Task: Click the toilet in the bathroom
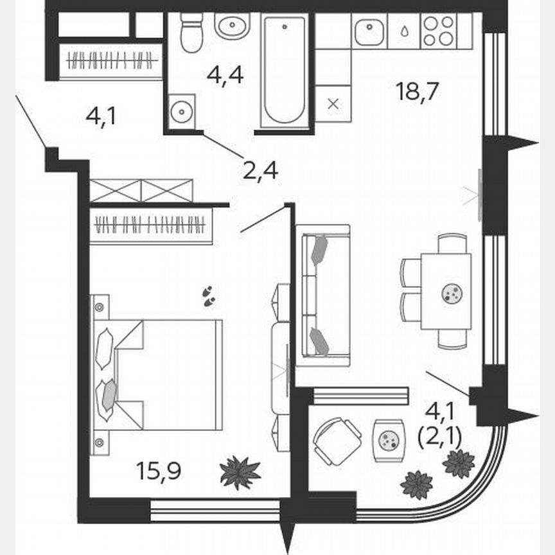(191, 33)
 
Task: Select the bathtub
(285, 72)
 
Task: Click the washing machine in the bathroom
(182, 112)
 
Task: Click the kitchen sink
(369, 31)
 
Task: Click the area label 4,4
(225, 75)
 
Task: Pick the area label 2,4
(260, 171)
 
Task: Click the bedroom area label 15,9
(159, 471)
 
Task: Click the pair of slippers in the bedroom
(209, 295)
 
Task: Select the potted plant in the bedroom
(240, 473)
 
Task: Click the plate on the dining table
(452, 294)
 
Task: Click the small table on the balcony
(389, 439)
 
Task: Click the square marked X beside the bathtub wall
(333, 104)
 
